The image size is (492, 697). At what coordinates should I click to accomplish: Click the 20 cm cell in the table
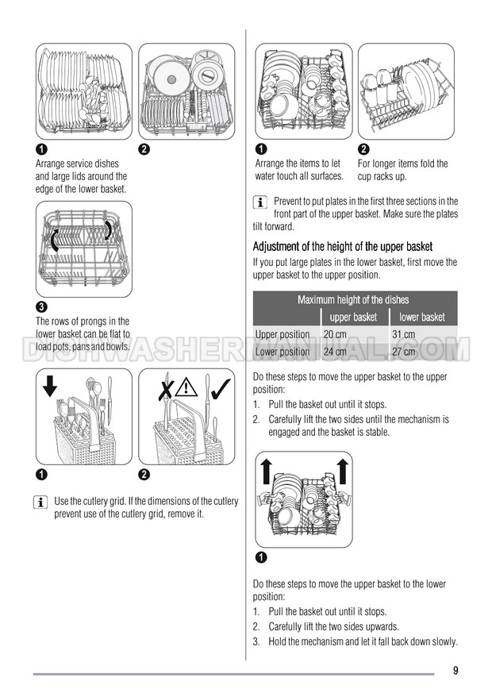click(x=335, y=334)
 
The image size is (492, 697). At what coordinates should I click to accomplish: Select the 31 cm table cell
click(x=404, y=334)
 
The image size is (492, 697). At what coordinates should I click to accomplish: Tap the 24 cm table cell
click(x=335, y=352)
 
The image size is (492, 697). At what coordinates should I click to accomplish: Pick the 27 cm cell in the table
click(x=404, y=352)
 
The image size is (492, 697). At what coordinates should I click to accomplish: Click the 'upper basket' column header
click(x=353, y=317)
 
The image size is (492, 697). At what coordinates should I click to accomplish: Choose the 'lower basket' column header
click(x=422, y=317)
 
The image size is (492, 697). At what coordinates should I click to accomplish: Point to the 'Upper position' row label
click(x=283, y=334)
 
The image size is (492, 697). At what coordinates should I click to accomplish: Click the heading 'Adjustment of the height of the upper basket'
click(x=343, y=246)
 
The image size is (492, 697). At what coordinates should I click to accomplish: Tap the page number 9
click(x=455, y=670)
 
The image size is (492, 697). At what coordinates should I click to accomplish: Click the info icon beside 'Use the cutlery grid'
click(x=40, y=503)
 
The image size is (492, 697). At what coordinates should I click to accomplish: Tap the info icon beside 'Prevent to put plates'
click(x=260, y=202)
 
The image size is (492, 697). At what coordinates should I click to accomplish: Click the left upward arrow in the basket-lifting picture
click(x=266, y=472)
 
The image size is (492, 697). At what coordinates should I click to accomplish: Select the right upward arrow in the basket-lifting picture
click(x=342, y=472)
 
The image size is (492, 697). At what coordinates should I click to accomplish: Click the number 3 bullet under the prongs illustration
click(x=41, y=306)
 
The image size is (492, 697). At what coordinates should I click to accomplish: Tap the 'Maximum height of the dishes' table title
click(x=353, y=299)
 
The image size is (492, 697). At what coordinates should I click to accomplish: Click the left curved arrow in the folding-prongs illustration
click(x=54, y=241)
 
